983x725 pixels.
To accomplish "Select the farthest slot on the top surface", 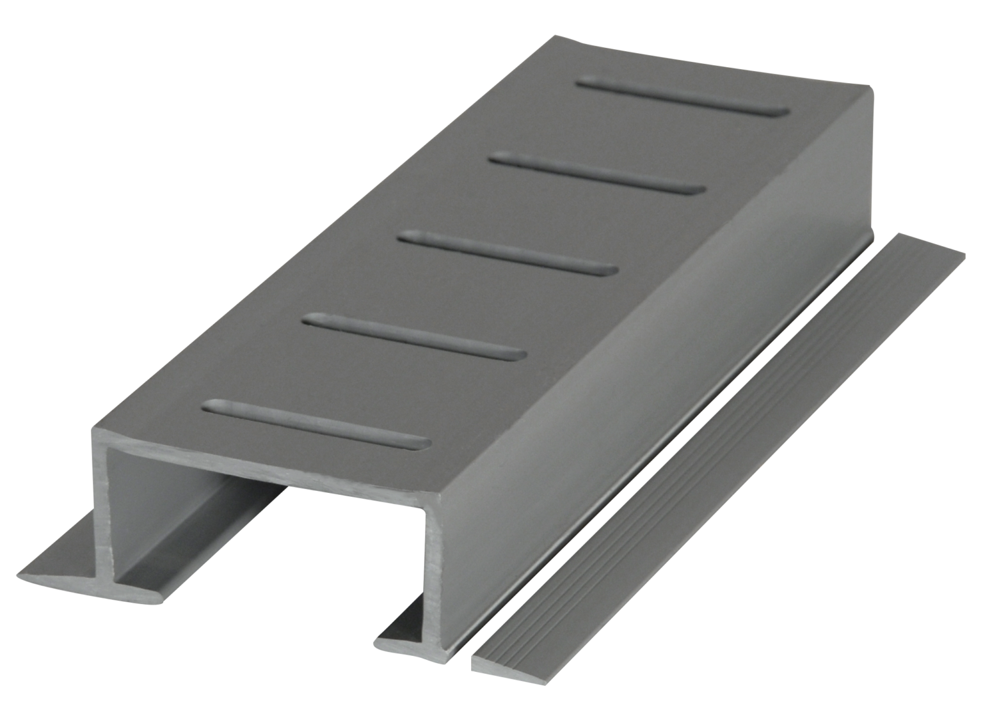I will [x=683, y=98].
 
